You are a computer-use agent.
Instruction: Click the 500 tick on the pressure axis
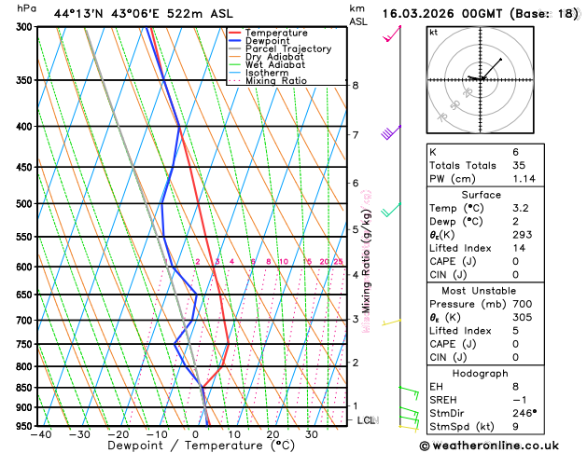click(x=25, y=203)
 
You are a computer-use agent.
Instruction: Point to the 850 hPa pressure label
click(x=25, y=388)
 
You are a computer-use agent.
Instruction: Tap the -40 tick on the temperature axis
click(x=40, y=433)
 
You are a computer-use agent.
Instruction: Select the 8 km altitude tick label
click(x=355, y=85)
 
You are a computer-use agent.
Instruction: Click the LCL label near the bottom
click(x=367, y=420)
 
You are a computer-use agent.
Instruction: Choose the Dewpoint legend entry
click(x=268, y=41)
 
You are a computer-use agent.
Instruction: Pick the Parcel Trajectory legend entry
click(x=287, y=49)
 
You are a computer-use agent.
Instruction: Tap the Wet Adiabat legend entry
click(x=274, y=65)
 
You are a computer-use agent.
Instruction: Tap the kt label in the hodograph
click(x=433, y=32)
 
